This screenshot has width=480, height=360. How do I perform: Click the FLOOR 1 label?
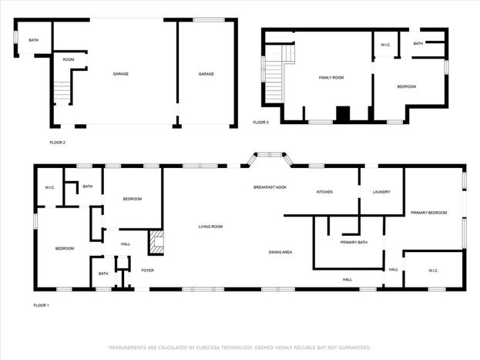(x=41, y=305)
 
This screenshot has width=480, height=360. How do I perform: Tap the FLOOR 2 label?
(x=58, y=143)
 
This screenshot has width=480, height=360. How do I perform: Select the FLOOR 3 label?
(x=260, y=123)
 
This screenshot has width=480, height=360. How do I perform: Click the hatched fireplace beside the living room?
(x=156, y=242)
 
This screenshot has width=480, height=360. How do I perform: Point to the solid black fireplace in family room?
(x=343, y=113)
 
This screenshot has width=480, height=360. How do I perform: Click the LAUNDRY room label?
(x=381, y=192)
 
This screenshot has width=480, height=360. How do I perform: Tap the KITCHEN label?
(x=324, y=192)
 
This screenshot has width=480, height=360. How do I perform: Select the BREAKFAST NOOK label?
(x=270, y=187)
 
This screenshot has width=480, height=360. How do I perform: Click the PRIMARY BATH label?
(x=354, y=242)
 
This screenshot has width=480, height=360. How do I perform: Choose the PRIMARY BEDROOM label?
(x=429, y=213)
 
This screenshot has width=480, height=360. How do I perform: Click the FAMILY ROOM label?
(x=331, y=78)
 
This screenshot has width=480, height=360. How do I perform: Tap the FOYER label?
(x=148, y=271)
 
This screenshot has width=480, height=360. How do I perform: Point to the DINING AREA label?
(x=280, y=252)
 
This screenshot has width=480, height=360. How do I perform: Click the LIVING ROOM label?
(x=210, y=227)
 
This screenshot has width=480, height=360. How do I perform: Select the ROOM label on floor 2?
(x=69, y=59)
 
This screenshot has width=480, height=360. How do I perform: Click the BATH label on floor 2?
(x=34, y=40)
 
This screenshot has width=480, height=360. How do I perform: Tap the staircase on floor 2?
(x=62, y=91)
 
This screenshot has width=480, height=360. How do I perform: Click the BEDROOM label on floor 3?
(x=407, y=86)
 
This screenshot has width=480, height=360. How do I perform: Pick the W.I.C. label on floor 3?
(x=385, y=45)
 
